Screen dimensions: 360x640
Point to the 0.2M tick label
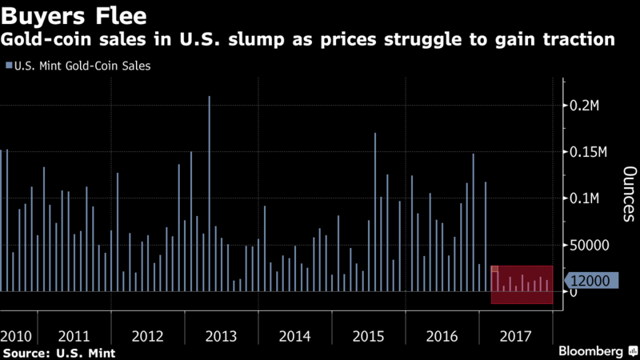coord(592,106)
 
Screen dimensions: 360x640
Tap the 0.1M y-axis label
coord(592,199)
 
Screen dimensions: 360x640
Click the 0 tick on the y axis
coord(574,293)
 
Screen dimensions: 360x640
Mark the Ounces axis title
coord(629,194)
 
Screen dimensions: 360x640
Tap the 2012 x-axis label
coord(148,336)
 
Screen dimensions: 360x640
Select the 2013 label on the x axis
coord(222,336)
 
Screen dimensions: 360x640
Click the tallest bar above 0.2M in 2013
coord(210,192)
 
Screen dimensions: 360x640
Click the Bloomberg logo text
coord(593,351)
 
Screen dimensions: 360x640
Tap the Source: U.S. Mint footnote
coord(58,352)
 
